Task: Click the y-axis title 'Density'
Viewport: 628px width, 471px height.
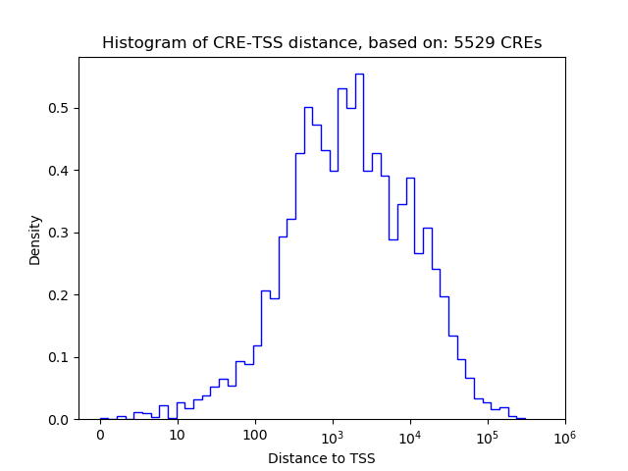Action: tap(35, 239)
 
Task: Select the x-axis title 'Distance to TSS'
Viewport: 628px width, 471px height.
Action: tap(321, 458)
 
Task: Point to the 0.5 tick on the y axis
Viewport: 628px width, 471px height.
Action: tap(60, 108)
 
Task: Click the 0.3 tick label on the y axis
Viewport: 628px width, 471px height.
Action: tap(60, 233)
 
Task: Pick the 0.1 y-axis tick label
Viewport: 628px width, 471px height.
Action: tap(60, 357)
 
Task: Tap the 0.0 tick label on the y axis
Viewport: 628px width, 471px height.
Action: tap(60, 420)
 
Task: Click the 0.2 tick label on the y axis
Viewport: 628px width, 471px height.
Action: tap(60, 295)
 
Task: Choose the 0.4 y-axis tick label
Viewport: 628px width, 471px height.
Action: tap(60, 171)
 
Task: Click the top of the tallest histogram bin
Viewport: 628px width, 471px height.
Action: tap(359, 74)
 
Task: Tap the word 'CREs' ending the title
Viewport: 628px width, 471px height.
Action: tap(520, 43)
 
